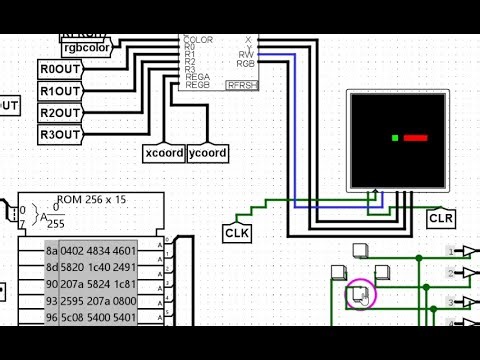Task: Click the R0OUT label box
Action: click(60, 69)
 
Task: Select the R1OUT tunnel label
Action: click(60, 91)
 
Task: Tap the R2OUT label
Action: click(60, 113)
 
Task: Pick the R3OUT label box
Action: click(60, 135)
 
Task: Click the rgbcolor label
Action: click(87, 46)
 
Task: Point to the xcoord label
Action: click(164, 153)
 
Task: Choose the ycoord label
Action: click(208, 153)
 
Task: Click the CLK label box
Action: click(237, 233)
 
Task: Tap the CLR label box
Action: click(441, 218)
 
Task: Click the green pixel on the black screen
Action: click(396, 138)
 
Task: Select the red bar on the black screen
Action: click(415, 138)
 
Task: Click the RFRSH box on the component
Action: click(242, 86)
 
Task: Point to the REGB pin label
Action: click(197, 86)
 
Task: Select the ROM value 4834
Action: click(100, 250)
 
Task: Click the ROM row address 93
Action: click(51, 303)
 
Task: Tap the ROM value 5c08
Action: click(73, 320)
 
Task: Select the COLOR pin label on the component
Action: click(199, 40)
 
